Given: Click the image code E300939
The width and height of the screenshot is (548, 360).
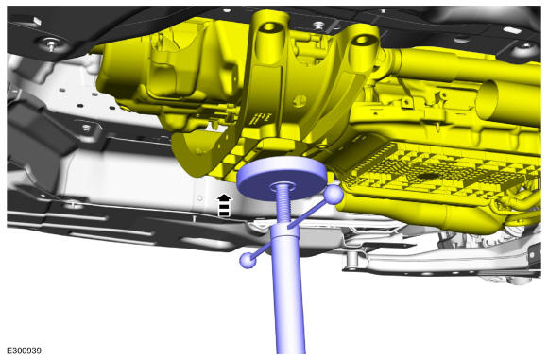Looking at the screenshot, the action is click(24, 351).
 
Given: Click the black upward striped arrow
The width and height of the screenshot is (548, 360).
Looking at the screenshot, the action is click(224, 206).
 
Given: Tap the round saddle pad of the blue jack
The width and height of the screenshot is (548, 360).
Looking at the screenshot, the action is click(282, 178).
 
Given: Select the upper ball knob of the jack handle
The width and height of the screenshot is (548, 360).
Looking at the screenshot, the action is click(334, 195).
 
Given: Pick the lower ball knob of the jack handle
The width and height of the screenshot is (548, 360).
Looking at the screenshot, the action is click(248, 260).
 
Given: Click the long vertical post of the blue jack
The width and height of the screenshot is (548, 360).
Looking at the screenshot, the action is click(288, 290).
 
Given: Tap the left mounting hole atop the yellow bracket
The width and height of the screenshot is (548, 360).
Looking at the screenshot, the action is click(270, 26).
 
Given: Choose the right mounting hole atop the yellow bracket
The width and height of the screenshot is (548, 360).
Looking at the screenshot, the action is click(363, 40).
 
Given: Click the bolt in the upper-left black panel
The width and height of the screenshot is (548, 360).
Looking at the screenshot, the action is click(51, 44).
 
